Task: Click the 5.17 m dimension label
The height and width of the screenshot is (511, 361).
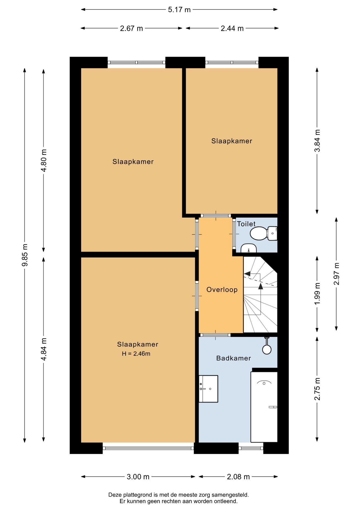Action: (179, 10)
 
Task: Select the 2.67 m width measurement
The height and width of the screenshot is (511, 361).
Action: (131, 28)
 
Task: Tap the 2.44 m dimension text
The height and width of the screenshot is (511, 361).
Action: (232, 28)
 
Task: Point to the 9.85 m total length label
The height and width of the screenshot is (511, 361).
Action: (25, 255)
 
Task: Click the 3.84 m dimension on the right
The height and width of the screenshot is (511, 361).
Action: (317, 141)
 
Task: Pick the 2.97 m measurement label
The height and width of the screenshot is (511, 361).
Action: (337, 274)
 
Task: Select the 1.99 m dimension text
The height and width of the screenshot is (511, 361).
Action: (317, 294)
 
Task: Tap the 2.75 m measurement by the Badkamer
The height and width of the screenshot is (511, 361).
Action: (317, 389)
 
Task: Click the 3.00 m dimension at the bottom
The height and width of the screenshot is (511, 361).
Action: (138, 477)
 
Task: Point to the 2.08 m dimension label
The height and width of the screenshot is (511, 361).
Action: (238, 477)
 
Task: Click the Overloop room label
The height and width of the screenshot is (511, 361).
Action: (222, 290)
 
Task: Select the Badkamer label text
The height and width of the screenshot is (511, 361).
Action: (233, 358)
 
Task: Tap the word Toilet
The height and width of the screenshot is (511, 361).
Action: (246, 224)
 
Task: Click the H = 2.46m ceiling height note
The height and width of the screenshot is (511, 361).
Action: (136, 354)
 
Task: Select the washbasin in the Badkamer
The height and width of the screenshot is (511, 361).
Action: (208, 389)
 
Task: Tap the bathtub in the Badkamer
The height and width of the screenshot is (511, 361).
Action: (264, 407)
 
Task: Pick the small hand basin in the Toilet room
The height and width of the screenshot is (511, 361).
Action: (249, 248)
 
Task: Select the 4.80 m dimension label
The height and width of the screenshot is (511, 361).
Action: (44, 160)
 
